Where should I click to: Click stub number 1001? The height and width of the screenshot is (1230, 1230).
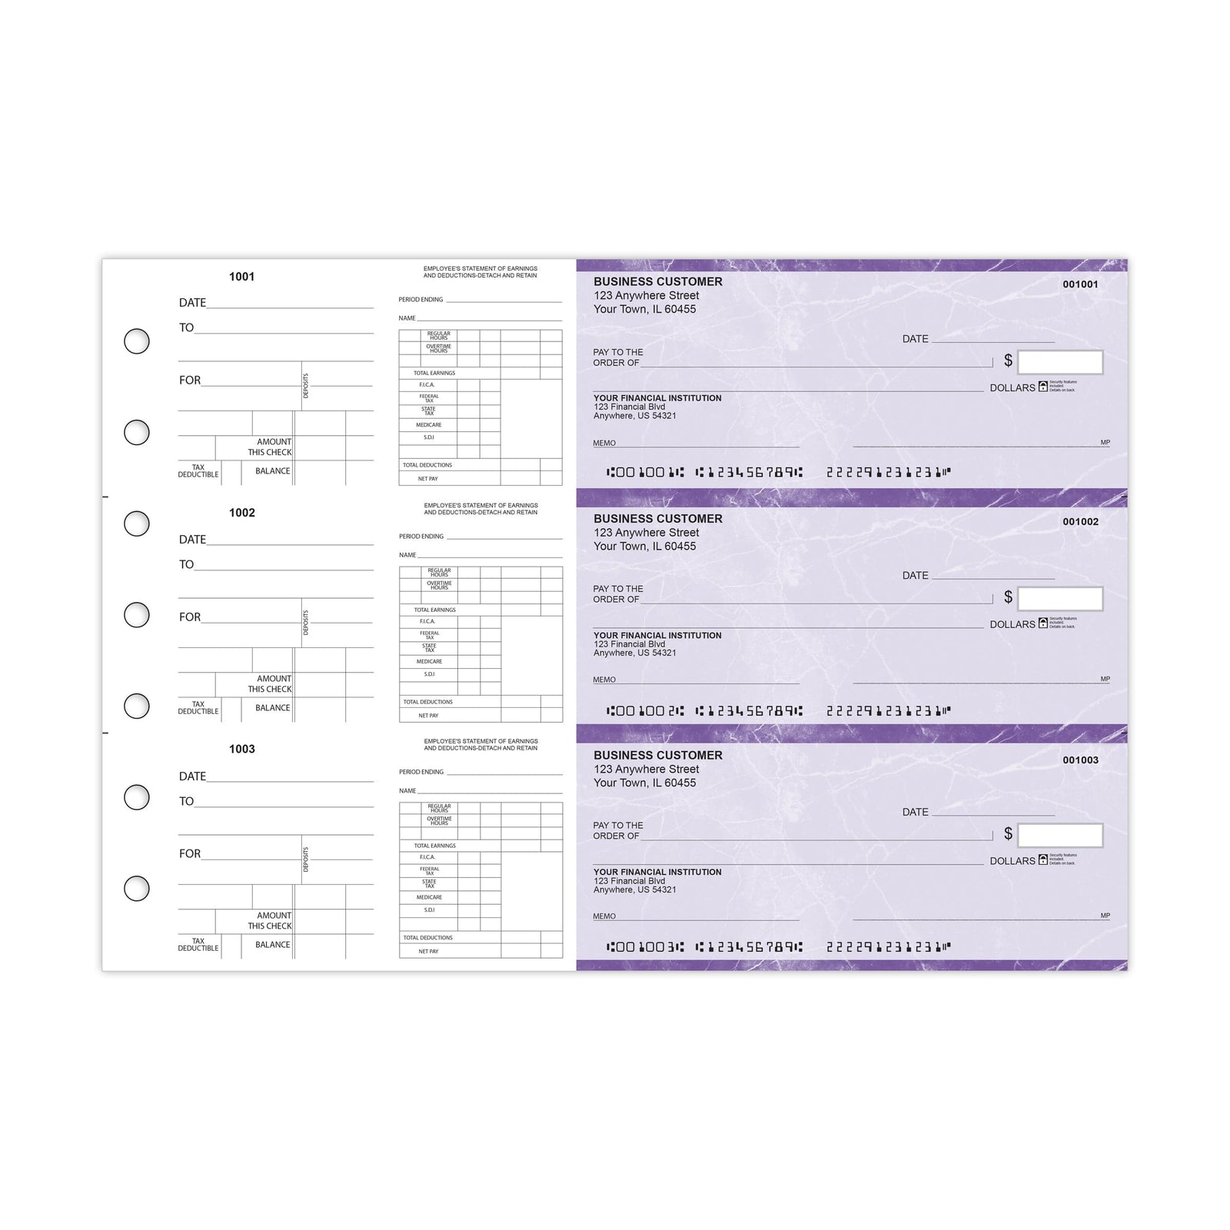[x=241, y=277]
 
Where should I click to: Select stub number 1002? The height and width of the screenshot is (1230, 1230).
[x=241, y=513]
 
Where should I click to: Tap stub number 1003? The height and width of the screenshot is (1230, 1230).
[x=241, y=749]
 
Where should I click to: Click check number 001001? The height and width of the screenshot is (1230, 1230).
[x=1080, y=284]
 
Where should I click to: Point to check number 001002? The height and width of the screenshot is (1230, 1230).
[x=1080, y=522]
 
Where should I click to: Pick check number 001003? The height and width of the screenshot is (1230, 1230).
[x=1080, y=760]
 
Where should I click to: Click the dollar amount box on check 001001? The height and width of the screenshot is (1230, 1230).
[x=1060, y=362]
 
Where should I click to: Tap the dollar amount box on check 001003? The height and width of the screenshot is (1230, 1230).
[x=1060, y=836]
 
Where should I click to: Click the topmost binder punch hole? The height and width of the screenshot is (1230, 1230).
[x=137, y=341]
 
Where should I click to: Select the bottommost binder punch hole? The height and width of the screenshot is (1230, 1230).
[x=137, y=889]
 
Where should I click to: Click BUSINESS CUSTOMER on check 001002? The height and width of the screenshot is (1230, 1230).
[x=657, y=519]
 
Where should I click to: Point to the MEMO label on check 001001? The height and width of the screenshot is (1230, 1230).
[x=604, y=444]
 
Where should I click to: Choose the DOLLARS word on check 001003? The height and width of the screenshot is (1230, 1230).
[x=1012, y=861]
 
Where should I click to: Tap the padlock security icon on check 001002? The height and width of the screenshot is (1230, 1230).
[x=1043, y=623]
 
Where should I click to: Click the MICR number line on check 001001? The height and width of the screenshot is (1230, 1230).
[x=778, y=472]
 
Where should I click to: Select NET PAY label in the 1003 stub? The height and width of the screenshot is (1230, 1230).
[x=428, y=952]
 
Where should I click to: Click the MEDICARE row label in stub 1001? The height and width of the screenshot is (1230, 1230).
[x=429, y=425]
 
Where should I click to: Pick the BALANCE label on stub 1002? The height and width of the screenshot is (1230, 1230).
[x=273, y=708]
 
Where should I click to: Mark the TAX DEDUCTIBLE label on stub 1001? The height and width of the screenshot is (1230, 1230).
[x=198, y=471]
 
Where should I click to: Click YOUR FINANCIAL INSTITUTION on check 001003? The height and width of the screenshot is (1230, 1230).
[x=657, y=873]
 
